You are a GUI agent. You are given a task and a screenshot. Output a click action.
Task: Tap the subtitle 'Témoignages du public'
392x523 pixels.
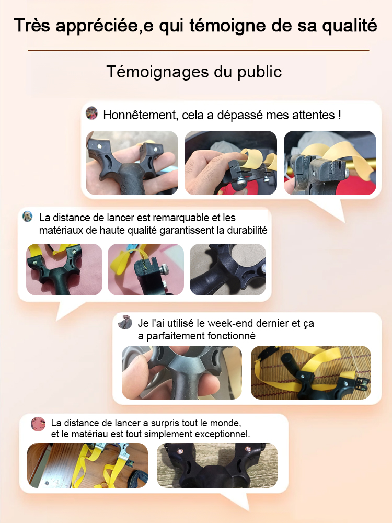194,72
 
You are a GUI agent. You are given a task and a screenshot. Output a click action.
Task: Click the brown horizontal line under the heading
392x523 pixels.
198,50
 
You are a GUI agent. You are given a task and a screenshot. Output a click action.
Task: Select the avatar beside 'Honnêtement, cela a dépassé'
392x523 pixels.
92,113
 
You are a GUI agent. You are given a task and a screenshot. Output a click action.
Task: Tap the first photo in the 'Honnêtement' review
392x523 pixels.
132,163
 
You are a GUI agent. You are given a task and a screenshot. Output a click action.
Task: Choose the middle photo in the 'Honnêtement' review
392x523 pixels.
230,163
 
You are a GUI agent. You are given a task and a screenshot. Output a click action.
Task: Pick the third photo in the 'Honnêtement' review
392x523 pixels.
330,163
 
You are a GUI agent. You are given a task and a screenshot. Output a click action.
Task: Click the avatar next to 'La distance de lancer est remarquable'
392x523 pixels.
28,217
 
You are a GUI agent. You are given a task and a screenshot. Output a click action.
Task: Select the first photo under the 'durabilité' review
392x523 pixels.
64,269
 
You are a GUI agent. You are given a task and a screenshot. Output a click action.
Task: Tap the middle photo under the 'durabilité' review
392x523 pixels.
146,269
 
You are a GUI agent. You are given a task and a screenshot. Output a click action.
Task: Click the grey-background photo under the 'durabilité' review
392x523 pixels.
227,269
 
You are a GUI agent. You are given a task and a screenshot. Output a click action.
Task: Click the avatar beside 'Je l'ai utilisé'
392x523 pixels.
125,322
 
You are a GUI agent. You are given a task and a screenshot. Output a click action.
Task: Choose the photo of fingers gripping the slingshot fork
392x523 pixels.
182,372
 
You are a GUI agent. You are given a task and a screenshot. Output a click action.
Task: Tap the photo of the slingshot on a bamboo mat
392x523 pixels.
311,372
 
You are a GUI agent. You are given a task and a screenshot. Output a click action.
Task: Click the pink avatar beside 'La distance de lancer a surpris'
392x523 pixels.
38,424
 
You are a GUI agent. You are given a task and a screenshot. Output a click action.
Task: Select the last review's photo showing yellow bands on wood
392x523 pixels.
88,465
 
